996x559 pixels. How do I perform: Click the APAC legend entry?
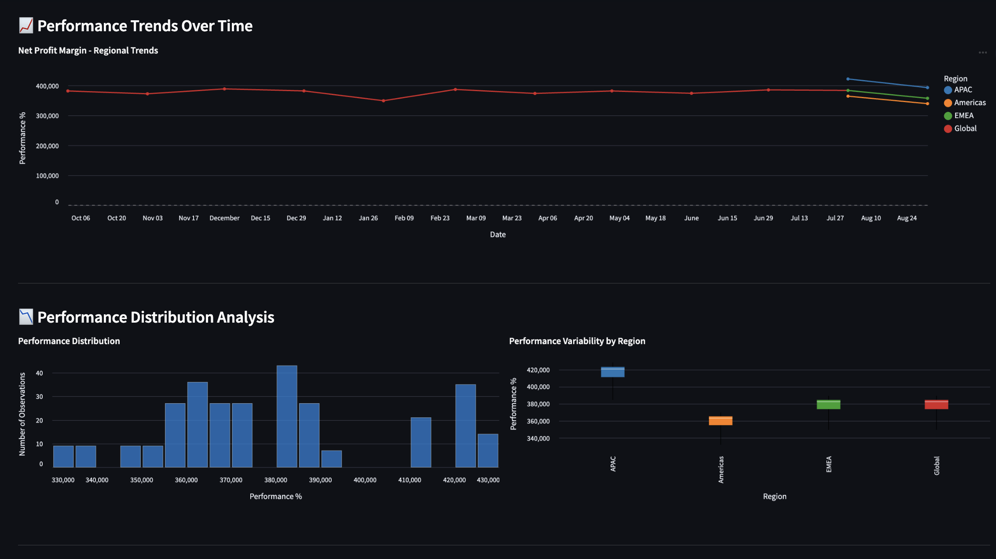tap(962, 90)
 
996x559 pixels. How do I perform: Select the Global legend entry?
tap(965, 129)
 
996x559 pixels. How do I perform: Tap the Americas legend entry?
tap(969, 103)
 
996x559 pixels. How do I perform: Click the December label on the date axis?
tap(224, 218)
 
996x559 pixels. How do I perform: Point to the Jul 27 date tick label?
tap(835, 218)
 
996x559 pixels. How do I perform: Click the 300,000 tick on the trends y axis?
tap(47, 116)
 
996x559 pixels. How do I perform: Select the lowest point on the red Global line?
tap(383, 101)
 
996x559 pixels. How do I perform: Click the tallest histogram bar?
tap(287, 416)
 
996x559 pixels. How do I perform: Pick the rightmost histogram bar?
tap(488, 450)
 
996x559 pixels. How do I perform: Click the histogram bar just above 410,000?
tap(421, 442)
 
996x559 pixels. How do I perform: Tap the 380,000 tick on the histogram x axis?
tap(275, 480)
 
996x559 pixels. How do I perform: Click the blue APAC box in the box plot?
tap(612, 372)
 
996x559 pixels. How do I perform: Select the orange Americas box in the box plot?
tap(721, 421)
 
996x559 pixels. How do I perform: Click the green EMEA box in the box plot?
tap(828, 405)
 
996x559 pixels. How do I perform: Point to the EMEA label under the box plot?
tap(829, 464)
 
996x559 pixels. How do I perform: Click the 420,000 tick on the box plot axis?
tap(538, 370)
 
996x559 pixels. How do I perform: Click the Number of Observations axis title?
tap(22, 414)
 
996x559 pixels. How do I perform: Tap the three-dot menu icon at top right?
tap(982, 52)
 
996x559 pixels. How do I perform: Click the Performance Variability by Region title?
tap(577, 341)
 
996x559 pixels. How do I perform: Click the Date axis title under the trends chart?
tap(498, 235)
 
